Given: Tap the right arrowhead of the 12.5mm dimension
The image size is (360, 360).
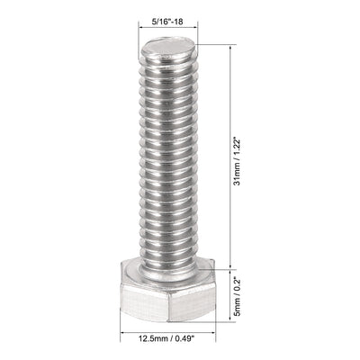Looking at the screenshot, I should coord(216,328).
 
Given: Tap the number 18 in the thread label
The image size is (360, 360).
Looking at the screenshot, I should coord(184,13).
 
